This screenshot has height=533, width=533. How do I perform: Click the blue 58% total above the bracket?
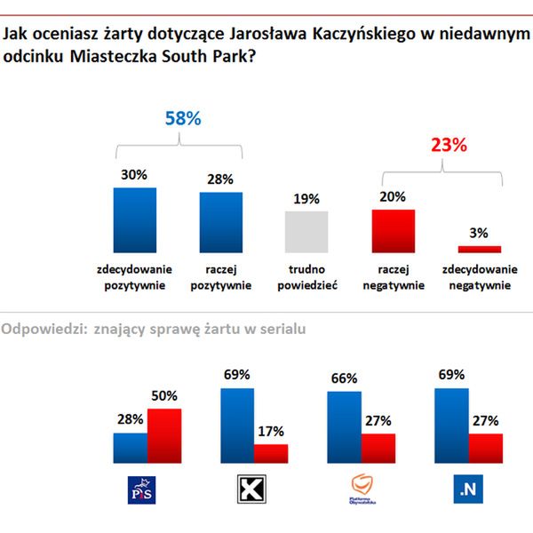pyautogui.click(x=183, y=118)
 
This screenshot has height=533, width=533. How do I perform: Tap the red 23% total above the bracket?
pyautogui.click(x=449, y=146)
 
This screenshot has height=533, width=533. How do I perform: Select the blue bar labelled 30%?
pyautogui.click(x=134, y=219)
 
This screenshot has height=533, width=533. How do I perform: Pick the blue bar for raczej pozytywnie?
pyautogui.click(x=220, y=222)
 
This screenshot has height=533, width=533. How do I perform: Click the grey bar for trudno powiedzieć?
pyautogui.click(x=306, y=232)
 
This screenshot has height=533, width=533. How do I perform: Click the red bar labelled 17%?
pyautogui.click(x=271, y=453)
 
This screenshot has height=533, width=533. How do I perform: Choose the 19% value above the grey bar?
pyautogui.click(x=306, y=199)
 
